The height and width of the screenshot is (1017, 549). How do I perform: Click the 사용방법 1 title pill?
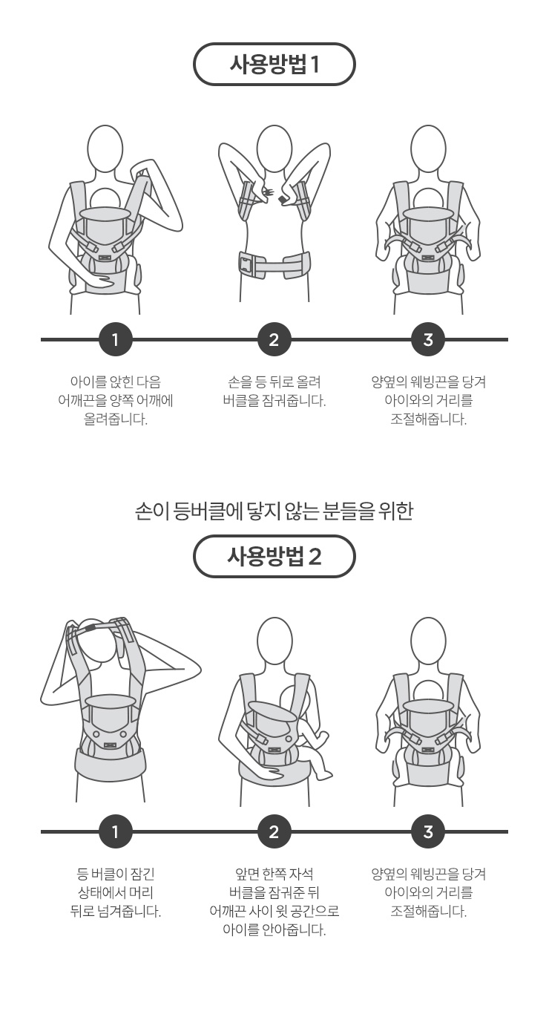tap(274, 64)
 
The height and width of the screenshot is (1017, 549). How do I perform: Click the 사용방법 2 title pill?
tap(274, 556)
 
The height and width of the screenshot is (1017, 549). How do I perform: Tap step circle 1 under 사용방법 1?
tap(115, 339)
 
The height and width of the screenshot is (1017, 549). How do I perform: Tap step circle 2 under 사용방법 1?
tap(274, 339)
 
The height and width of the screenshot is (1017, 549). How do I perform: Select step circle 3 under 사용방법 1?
tap(428, 339)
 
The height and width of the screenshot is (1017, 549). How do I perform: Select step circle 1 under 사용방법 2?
tap(115, 831)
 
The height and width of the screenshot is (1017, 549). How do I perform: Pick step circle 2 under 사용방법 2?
tap(274, 831)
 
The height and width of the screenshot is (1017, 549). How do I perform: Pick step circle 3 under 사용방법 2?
tap(428, 831)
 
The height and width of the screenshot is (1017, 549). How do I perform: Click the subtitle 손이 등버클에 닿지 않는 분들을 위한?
tap(274, 511)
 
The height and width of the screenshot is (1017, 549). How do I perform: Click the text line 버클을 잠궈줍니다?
tap(274, 401)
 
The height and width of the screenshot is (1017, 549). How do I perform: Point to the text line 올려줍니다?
tap(116, 419)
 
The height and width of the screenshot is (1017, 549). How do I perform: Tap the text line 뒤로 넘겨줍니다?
tap(116, 911)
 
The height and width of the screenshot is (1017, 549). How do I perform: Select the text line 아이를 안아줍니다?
tap(274, 930)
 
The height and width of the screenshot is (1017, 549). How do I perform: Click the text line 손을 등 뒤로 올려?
tap(274, 382)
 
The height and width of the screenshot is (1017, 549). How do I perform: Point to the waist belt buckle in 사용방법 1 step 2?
tap(246, 264)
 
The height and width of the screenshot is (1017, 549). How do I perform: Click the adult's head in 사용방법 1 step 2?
tap(274, 148)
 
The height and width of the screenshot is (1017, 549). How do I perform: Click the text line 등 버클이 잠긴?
tap(116, 874)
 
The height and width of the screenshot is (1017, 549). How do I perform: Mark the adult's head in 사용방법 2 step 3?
tap(428, 641)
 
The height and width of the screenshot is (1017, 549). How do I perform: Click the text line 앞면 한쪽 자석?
tap(274, 874)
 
